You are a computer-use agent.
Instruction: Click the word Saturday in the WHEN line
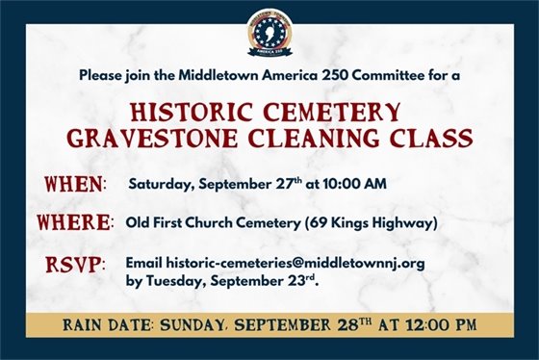coord(159,183)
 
